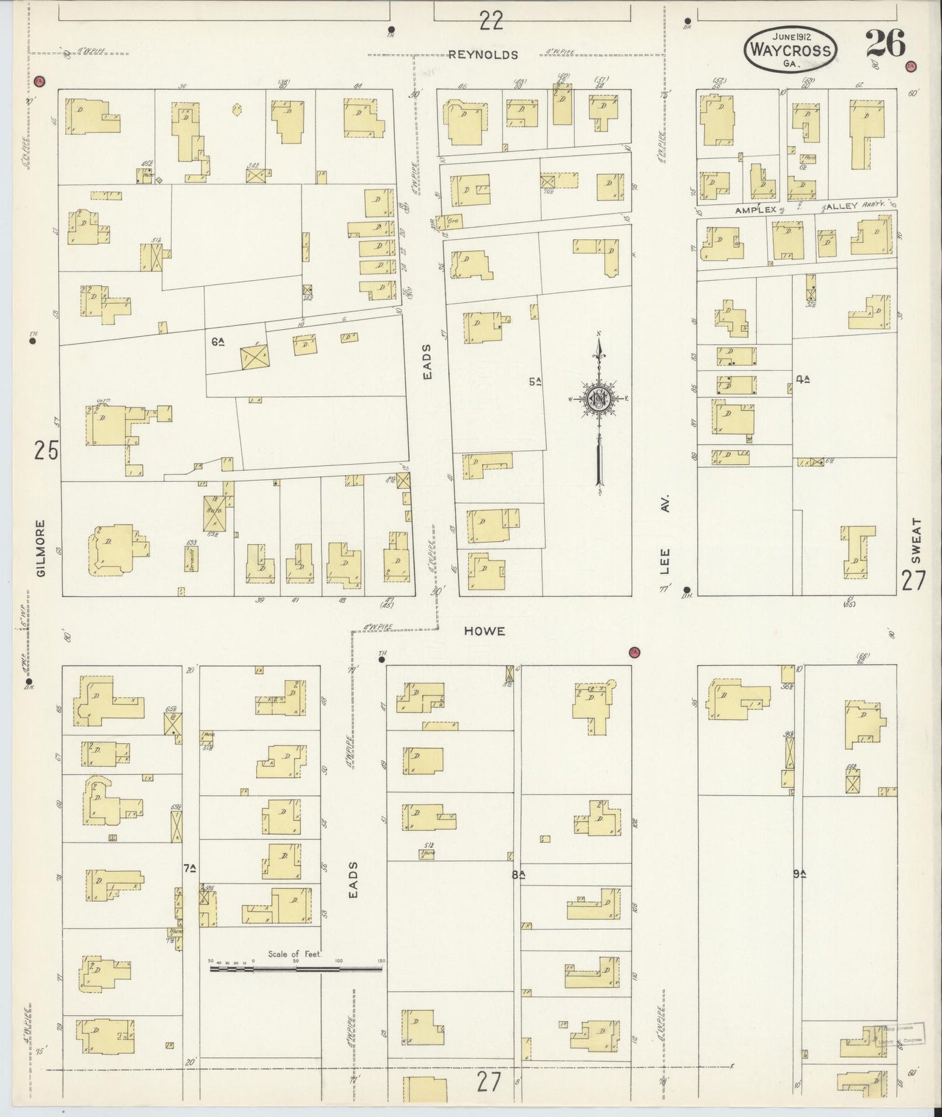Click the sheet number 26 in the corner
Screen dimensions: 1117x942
click(885, 45)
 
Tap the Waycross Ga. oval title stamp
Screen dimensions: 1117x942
click(791, 50)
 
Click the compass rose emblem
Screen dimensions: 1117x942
click(598, 399)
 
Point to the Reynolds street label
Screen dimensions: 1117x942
click(483, 55)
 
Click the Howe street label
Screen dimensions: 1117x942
click(484, 631)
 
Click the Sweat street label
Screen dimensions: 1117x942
click(916, 540)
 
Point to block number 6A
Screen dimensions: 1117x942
click(218, 341)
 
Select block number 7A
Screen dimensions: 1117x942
click(190, 868)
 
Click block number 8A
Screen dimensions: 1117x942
click(518, 875)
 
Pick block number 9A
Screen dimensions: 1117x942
click(800, 874)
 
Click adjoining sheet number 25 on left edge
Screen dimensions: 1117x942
click(46, 451)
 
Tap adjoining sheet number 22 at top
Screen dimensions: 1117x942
click(491, 22)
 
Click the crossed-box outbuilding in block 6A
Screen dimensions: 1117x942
click(254, 358)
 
